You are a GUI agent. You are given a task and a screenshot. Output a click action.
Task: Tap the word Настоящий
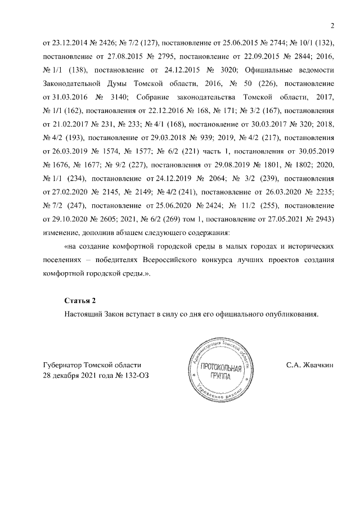[85, 314]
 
